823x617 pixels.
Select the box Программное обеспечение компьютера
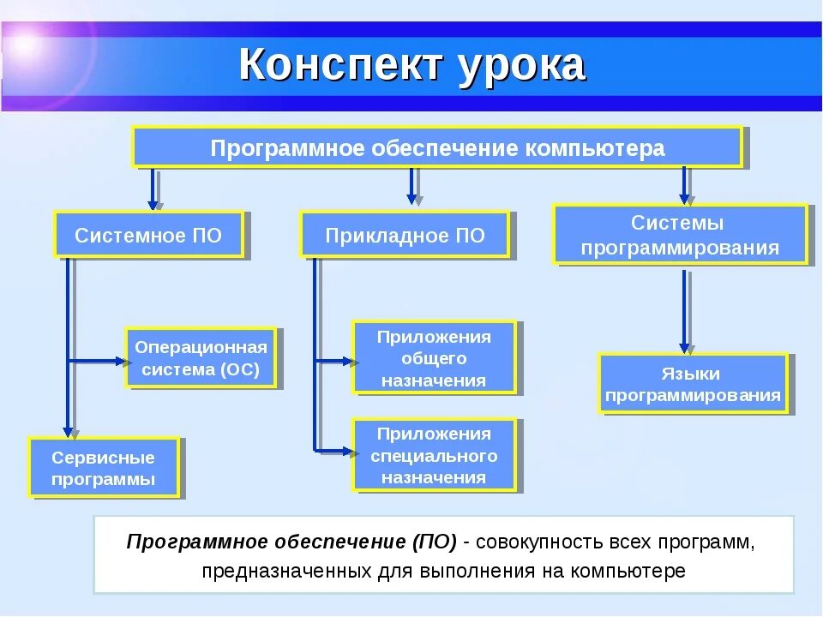point(437,147)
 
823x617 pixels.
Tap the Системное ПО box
point(148,236)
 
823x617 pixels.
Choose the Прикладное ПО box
point(405,236)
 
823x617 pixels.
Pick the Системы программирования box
point(680,235)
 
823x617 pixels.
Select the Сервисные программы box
point(104,467)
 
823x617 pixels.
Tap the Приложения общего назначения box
point(434,357)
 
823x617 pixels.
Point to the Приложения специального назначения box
point(434,455)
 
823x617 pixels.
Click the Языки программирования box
point(692,384)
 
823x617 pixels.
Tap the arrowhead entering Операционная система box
point(121,362)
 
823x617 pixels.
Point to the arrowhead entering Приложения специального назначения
point(347,450)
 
